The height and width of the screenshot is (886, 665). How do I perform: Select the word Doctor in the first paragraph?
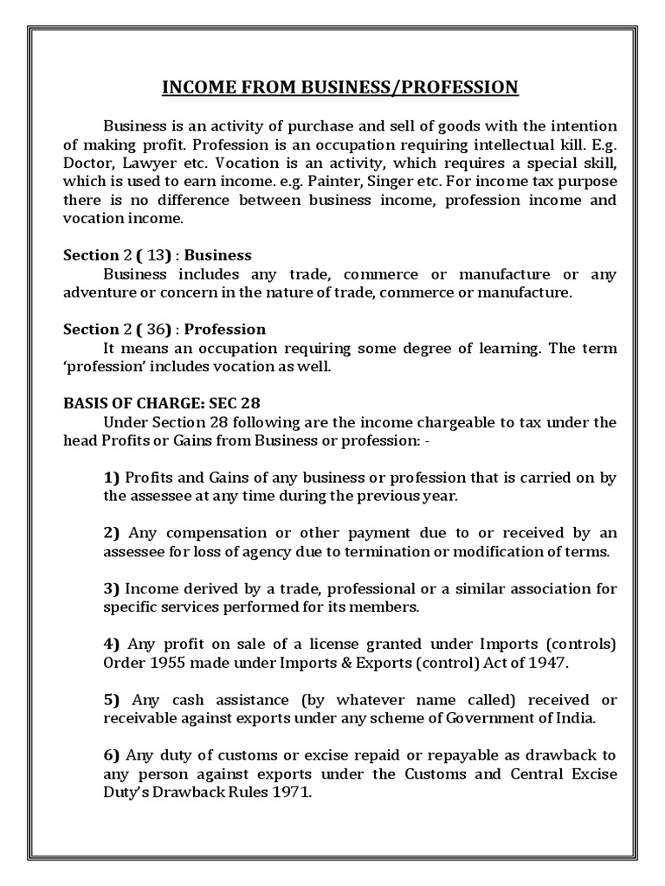coord(87,162)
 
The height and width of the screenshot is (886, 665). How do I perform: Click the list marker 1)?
coord(112,478)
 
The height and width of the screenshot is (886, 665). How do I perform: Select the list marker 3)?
coord(112,589)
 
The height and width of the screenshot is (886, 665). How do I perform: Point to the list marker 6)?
coord(112,755)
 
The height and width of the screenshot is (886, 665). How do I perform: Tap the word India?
coord(548,719)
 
